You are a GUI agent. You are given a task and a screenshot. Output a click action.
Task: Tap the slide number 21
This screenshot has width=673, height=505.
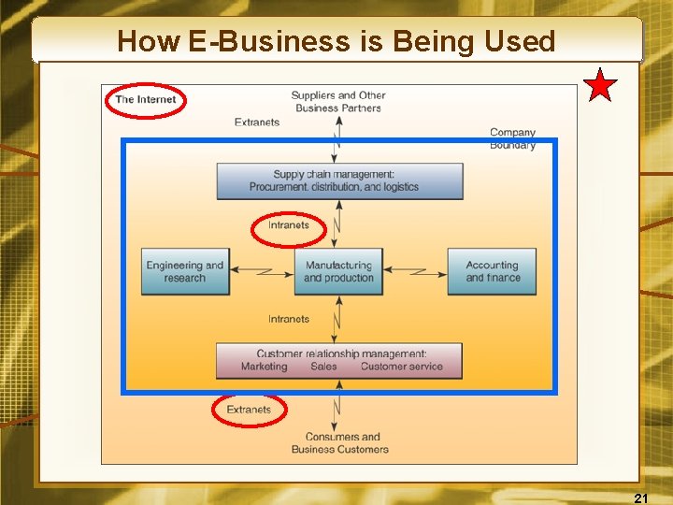[x=641, y=498]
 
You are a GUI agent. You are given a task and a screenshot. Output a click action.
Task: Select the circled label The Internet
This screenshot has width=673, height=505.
[x=145, y=99]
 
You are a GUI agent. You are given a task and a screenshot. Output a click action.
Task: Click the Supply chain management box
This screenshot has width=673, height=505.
[x=339, y=180]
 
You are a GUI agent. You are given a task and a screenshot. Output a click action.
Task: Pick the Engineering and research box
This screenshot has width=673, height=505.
[x=185, y=271]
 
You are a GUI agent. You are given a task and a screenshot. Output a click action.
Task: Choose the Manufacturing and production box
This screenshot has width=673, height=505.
[x=338, y=271]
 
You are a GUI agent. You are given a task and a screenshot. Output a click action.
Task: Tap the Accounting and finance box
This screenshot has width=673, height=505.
[x=492, y=271]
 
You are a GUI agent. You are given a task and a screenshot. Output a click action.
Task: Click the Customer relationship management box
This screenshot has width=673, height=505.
[x=339, y=360]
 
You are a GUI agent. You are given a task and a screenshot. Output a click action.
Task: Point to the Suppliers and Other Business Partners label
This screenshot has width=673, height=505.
[x=338, y=101]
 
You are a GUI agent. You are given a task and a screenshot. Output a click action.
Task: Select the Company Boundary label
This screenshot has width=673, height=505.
[x=512, y=138]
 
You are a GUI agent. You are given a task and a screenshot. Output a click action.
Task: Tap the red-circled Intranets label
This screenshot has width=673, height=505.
[x=288, y=225]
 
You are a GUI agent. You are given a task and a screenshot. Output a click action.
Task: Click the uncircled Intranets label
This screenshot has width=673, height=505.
[x=288, y=319]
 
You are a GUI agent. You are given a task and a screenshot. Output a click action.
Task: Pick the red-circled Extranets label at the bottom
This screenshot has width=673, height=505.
[x=249, y=410]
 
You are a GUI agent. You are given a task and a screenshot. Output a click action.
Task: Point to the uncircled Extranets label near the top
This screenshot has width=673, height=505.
[x=257, y=123]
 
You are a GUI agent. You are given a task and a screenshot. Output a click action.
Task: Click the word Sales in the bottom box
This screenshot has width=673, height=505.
[x=323, y=367]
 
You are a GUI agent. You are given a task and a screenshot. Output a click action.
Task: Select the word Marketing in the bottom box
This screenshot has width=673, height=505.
[x=264, y=367]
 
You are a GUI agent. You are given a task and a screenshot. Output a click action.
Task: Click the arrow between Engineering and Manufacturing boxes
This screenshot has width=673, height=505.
[x=262, y=271]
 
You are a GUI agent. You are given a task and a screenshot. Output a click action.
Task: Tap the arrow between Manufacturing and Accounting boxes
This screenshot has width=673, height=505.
[x=415, y=271]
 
